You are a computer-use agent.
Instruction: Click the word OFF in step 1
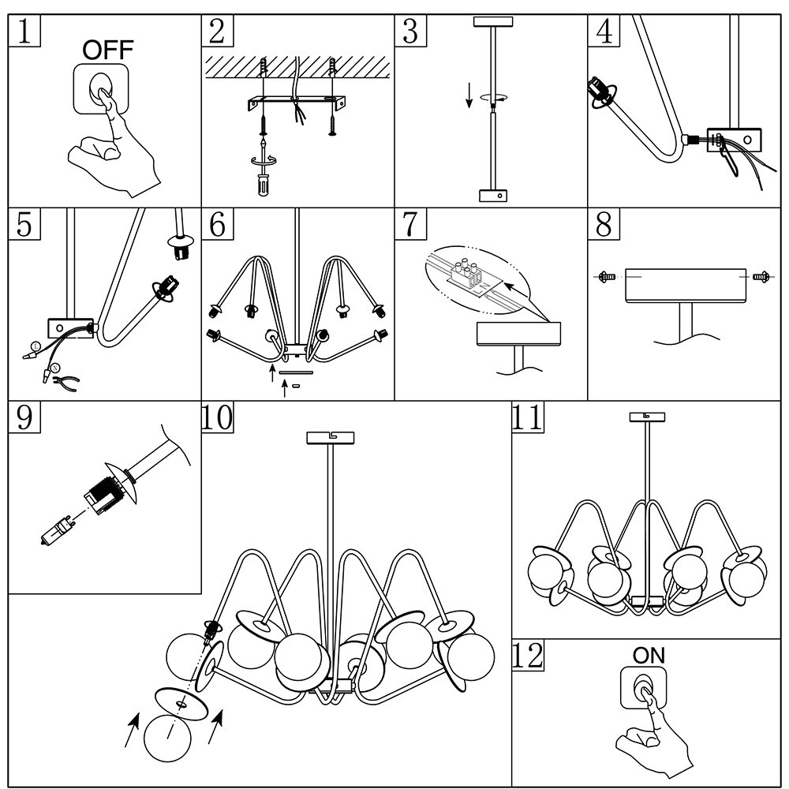point(108,51)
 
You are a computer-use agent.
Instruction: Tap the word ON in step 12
point(649,655)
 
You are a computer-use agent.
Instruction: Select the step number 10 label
point(218,417)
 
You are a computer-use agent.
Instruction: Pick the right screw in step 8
point(761,277)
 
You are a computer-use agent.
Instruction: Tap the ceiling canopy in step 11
point(647,417)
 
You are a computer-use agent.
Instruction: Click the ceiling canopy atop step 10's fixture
point(329,436)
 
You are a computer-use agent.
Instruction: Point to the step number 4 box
point(604,31)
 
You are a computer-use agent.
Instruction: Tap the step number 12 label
point(528,656)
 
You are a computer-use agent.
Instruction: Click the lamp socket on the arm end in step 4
point(602,94)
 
